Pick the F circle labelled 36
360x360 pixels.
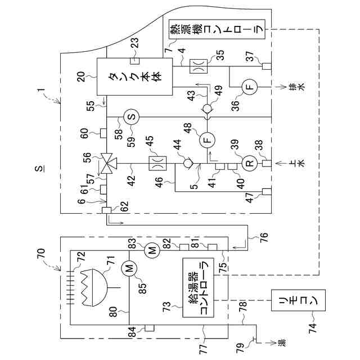(250, 87)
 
